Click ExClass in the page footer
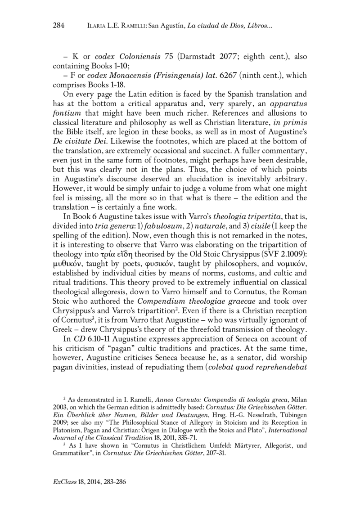click(62, 482)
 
